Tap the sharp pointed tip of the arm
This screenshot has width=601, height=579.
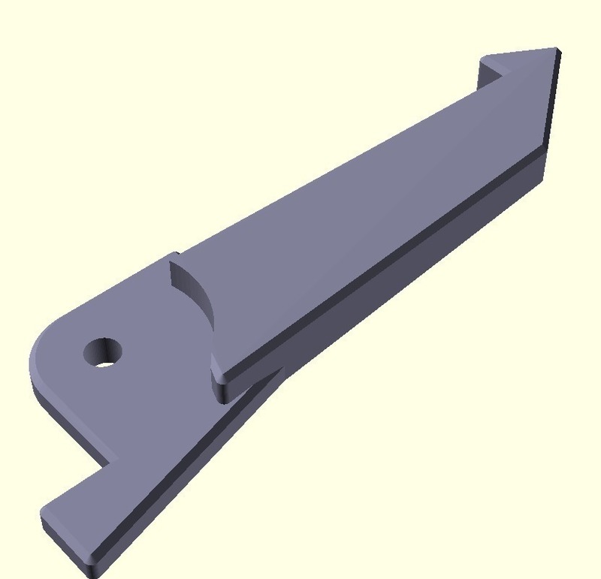coord(557,50)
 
